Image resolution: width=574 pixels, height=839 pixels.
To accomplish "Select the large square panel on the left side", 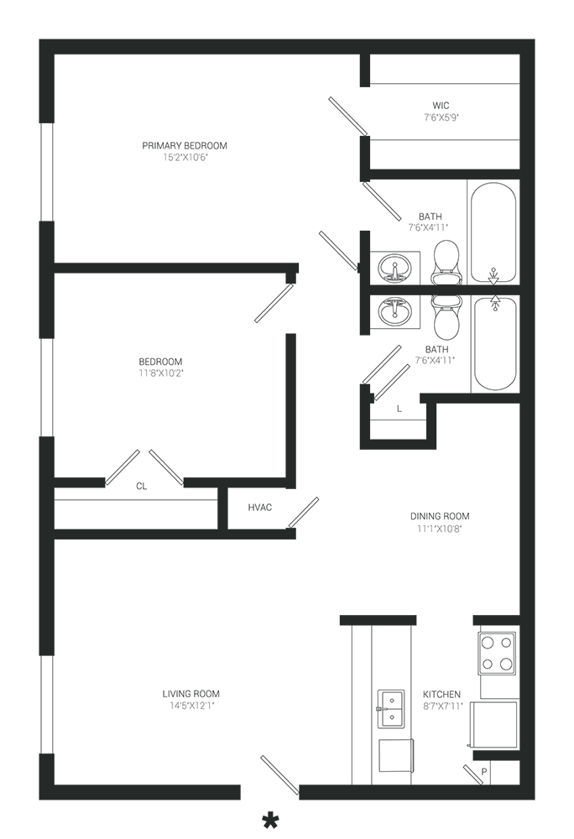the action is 168,373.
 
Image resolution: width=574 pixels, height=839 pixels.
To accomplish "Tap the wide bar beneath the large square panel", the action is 134,508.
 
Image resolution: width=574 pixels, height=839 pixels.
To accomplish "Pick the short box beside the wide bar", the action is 260,508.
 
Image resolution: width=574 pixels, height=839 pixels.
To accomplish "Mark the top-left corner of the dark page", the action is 39,39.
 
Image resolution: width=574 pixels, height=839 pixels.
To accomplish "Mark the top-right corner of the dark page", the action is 534,39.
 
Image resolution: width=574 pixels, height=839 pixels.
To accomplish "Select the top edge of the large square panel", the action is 168,270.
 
